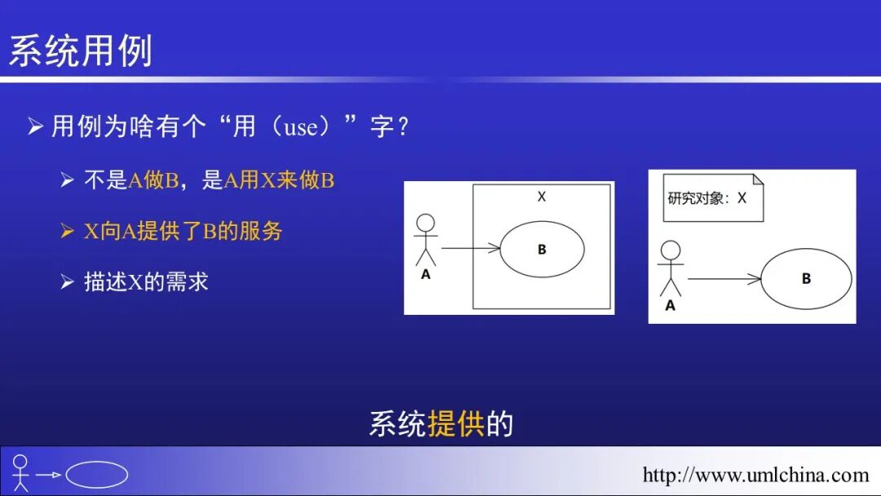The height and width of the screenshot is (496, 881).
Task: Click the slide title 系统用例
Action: pos(80,51)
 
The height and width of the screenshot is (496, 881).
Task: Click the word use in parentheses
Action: pos(301,127)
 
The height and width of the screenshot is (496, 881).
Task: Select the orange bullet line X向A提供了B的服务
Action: pos(184,232)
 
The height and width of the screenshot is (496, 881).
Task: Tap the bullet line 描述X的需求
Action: pos(146,282)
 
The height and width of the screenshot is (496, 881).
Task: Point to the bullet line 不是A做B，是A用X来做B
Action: pos(209,181)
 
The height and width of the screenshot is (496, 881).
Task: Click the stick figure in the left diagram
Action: pos(425,238)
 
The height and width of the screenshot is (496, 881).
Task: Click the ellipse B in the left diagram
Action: pos(542,250)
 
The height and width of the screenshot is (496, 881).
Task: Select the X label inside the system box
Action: pos(542,197)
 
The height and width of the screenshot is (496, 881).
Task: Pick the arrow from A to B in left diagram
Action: pos(470,248)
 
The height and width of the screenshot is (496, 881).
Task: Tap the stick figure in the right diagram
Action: pos(671,268)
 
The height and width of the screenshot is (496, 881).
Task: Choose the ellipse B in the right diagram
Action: pos(806,279)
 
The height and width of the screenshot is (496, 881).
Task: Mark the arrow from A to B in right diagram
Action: pos(724,279)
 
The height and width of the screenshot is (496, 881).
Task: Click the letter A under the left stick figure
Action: pos(425,275)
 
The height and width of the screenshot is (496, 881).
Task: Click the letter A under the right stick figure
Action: pos(671,306)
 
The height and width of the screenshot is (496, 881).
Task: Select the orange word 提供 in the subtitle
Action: pos(456,424)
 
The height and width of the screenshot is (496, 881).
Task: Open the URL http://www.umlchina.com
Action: pos(755,475)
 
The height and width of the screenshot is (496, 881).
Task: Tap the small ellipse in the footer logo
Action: pos(97,475)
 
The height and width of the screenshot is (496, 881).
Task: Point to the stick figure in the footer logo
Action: pos(21,474)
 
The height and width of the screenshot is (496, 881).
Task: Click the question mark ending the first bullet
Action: pos(401,128)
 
